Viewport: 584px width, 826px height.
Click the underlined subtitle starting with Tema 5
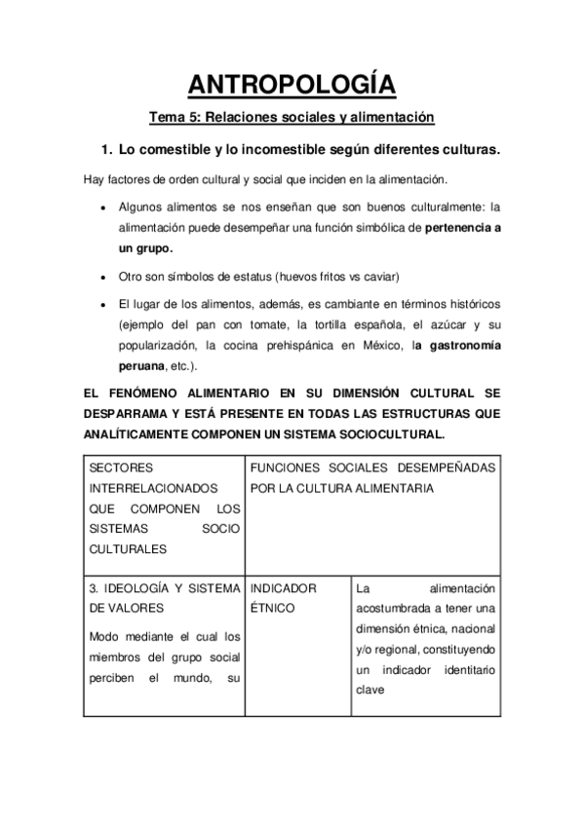click(x=291, y=118)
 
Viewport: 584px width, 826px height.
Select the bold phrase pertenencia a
click(x=455, y=228)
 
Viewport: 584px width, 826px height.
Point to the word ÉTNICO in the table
click(x=274, y=609)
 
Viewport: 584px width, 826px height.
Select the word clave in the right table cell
click(x=373, y=692)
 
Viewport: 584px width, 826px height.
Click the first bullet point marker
click(x=103, y=207)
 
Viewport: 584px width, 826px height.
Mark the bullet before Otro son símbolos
click(x=103, y=277)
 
